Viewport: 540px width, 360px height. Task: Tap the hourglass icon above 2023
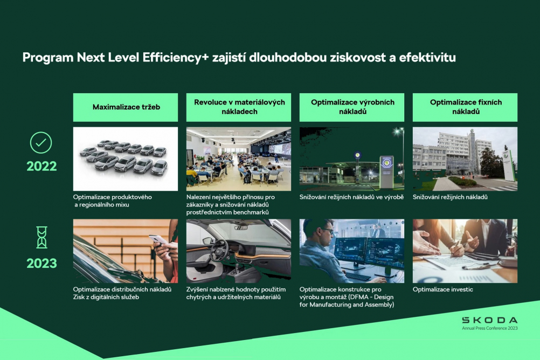tap(41, 237)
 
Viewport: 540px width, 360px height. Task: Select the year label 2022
tap(41, 167)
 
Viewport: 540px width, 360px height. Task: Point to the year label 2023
tap(41, 264)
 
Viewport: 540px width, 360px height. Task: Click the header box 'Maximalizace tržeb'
tap(126, 107)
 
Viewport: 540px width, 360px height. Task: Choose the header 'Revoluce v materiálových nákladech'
tap(239, 107)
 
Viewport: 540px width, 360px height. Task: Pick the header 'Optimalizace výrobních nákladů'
tap(351, 107)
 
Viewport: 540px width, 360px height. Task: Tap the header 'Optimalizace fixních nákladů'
tap(465, 107)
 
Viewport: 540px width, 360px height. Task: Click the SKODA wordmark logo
tap(489, 320)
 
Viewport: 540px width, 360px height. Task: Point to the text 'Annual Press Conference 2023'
tap(489, 328)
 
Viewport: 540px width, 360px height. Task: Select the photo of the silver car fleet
tap(126, 159)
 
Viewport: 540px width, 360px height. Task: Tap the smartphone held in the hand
tap(158, 240)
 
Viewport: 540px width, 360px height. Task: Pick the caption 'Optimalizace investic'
tap(443, 289)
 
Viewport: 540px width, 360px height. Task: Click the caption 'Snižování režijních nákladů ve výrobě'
tap(351, 197)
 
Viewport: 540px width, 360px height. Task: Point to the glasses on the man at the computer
tap(327, 231)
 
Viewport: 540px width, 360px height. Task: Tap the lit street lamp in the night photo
tap(399, 131)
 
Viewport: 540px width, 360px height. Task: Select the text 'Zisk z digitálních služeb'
tap(106, 297)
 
